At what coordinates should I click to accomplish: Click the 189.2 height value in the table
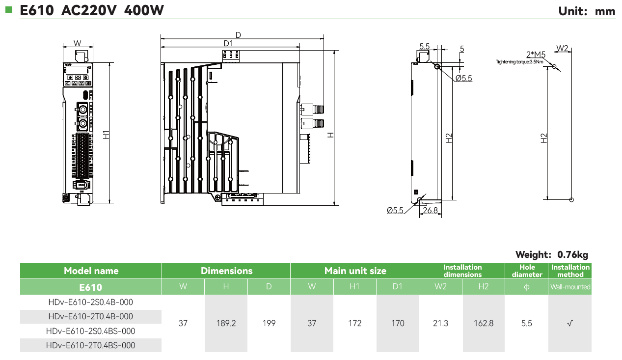tap(226, 323)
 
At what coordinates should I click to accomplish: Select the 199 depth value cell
tap(269, 323)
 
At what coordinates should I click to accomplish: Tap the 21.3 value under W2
tap(441, 323)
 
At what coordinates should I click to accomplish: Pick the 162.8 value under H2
tap(484, 323)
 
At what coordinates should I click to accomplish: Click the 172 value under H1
tap(354, 323)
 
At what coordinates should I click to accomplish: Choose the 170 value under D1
tap(398, 323)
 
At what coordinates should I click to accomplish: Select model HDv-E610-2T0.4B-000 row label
tap(91, 316)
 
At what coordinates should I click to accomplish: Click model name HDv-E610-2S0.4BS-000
tap(91, 331)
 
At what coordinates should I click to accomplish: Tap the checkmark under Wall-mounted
tap(570, 323)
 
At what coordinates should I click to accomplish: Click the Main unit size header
tap(355, 271)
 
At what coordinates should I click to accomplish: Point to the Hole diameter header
tap(527, 271)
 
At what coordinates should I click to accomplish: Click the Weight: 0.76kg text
tap(551, 254)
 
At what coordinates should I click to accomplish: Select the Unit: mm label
tap(587, 11)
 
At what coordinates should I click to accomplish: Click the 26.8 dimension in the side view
tap(430, 210)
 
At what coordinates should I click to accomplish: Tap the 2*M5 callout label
tap(536, 54)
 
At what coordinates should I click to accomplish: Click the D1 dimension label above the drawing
tap(228, 43)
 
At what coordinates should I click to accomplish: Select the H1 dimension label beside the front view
tap(107, 134)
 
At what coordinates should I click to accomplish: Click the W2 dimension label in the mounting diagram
tap(562, 48)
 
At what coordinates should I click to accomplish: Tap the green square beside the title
tap(8, 9)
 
